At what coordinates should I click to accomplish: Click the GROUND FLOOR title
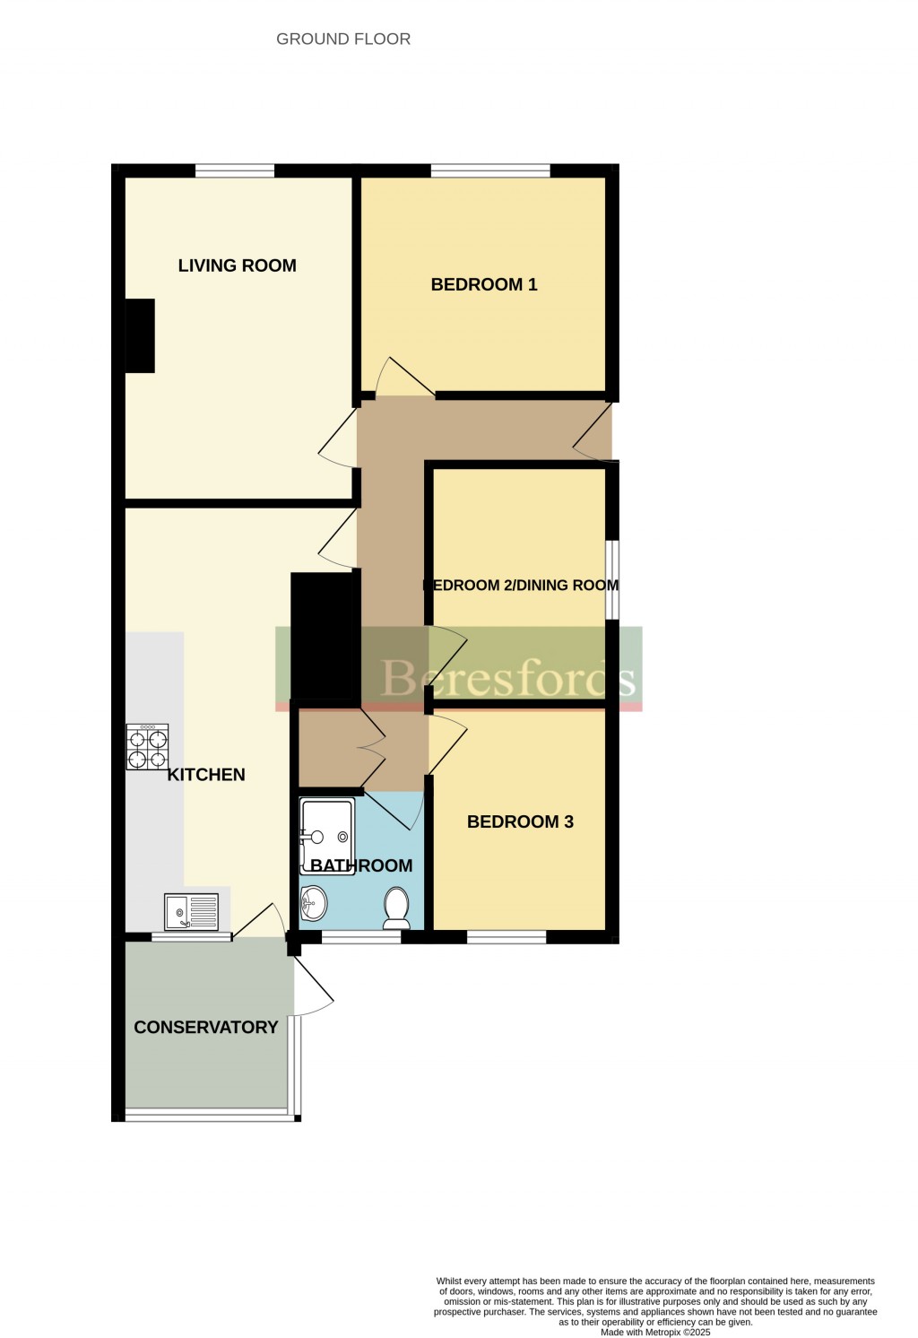342,39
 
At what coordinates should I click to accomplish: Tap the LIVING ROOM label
237,265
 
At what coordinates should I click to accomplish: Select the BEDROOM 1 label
484,284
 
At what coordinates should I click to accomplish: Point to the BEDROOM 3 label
520,822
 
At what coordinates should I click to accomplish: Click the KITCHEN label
205,775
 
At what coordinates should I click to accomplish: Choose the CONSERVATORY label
205,1028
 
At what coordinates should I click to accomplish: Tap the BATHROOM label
361,865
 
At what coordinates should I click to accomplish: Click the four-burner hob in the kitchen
147,747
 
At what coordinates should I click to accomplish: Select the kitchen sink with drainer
191,912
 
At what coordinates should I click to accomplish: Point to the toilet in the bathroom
396,908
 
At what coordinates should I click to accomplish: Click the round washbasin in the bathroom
314,904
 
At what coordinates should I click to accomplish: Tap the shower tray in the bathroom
326,836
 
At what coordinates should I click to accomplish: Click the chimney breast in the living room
140,336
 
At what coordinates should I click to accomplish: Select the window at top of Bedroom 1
490,170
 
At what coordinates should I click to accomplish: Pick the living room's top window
235,170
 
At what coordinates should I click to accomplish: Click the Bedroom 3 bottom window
507,937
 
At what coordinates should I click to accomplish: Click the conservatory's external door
313,984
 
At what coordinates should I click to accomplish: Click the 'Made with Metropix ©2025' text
655,1332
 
